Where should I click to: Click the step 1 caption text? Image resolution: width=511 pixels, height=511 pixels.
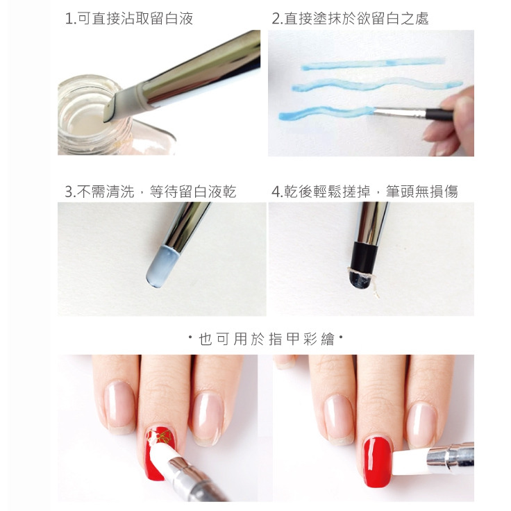pyautogui.click(x=128, y=19)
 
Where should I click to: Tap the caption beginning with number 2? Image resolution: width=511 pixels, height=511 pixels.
pyautogui.click(x=350, y=19)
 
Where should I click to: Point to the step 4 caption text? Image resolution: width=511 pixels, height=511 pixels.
pyautogui.click(x=365, y=192)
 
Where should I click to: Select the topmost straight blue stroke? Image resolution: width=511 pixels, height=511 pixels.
pyautogui.click(x=371, y=63)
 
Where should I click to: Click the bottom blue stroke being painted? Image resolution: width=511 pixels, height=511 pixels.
pyautogui.click(x=323, y=112)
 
